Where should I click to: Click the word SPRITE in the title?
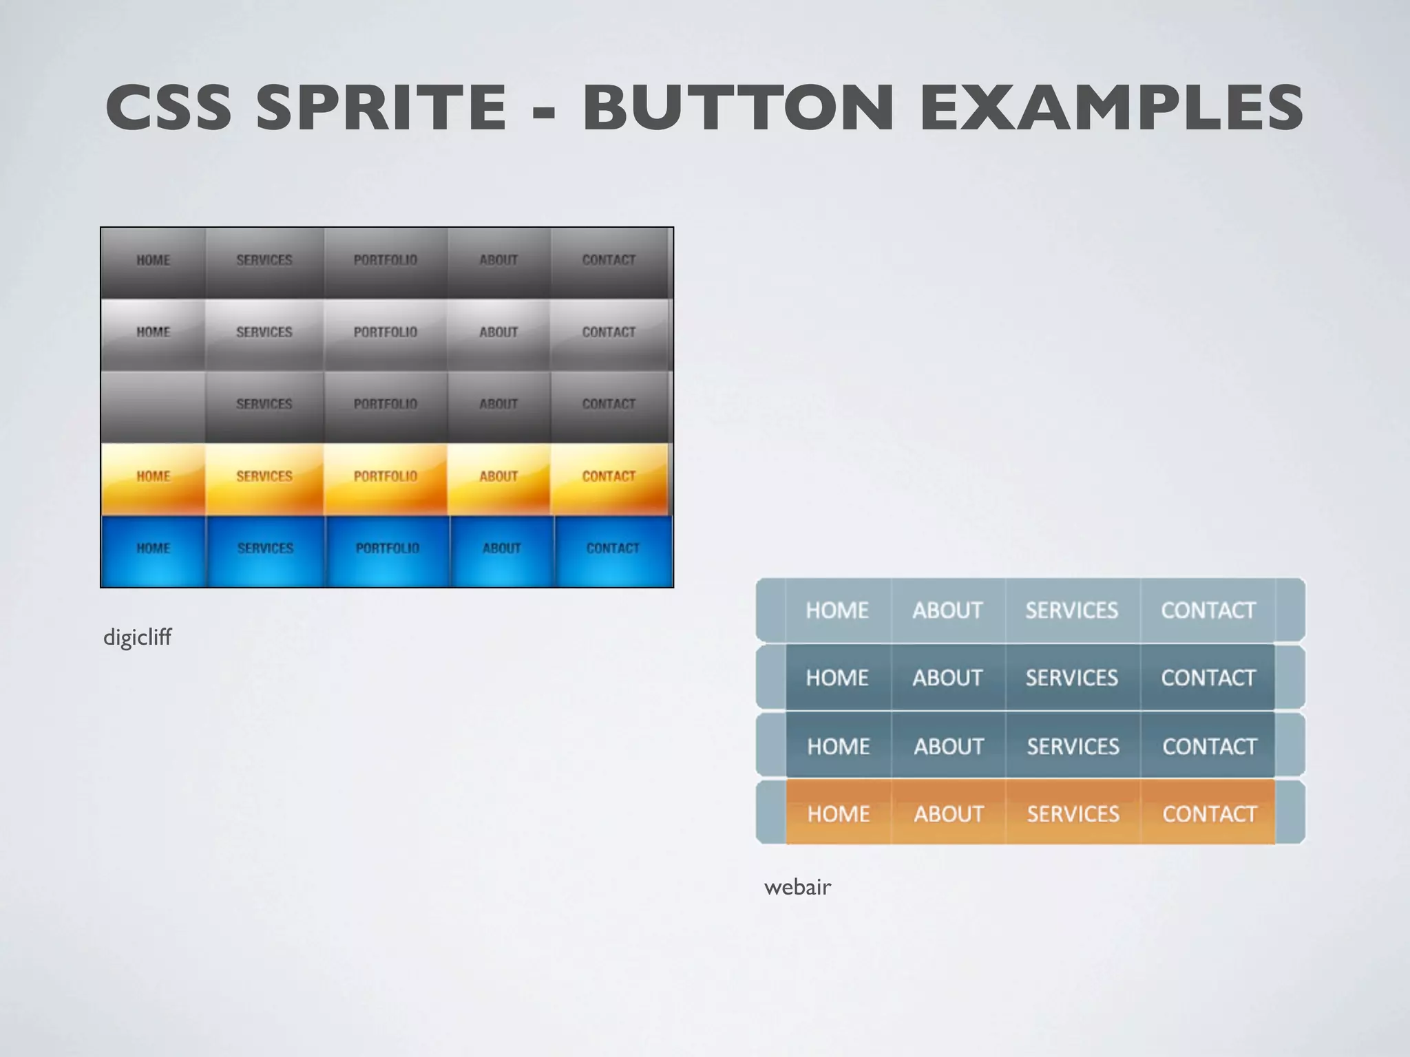(381, 107)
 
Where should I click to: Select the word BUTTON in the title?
(738, 107)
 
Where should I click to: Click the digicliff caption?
(137, 637)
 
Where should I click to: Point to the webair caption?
(797, 887)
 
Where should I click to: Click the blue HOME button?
(153, 549)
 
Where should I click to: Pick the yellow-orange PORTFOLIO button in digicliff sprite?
(386, 477)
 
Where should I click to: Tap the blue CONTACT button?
(613, 549)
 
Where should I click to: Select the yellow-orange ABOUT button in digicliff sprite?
(498, 477)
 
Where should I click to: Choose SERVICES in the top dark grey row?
(264, 261)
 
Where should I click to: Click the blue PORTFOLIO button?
(387, 549)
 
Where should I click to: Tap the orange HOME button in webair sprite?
(839, 814)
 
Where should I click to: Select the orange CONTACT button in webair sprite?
(1209, 814)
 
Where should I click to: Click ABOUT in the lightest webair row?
(947, 610)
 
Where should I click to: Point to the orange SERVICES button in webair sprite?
(1073, 814)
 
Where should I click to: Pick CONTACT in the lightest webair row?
(1208, 610)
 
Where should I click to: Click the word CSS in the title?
(169, 107)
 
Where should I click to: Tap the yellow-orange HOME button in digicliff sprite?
(153, 477)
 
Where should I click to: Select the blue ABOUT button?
(501, 549)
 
